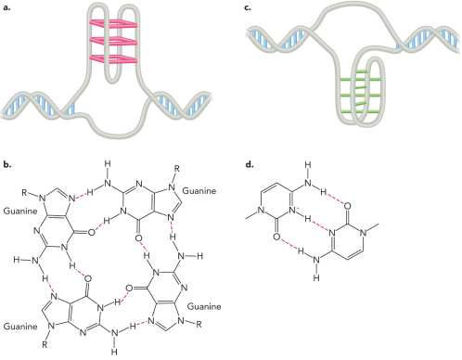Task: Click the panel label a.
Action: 6,7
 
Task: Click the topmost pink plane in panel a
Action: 110,22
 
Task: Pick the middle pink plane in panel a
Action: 110,41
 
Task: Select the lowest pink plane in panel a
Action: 110,58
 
